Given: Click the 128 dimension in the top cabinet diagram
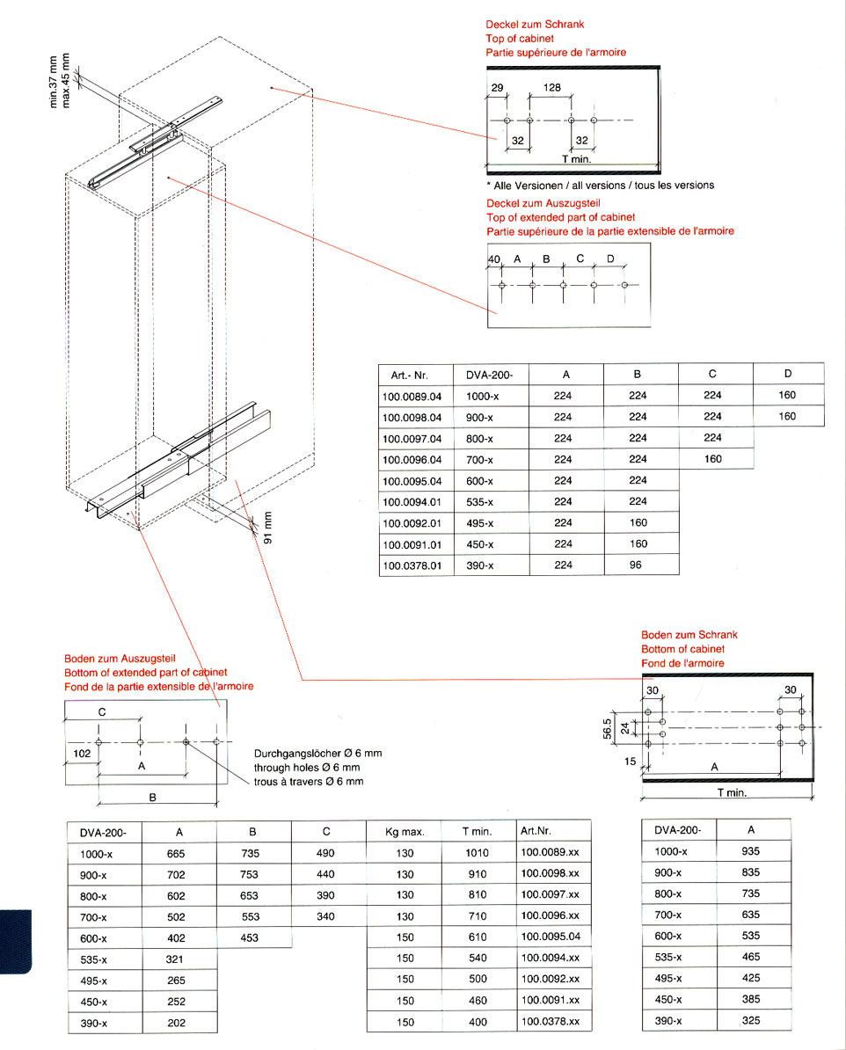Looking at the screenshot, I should [x=551, y=88].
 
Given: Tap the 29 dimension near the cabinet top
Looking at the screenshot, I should [x=497, y=88].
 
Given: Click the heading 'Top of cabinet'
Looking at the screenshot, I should [x=519, y=39].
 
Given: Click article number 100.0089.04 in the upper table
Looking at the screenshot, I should [x=412, y=396].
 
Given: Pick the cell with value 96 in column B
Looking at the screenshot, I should [x=637, y=565].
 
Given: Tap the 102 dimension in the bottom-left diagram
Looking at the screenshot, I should [x=80, y=754].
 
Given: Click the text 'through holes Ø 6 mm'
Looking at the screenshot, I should [x=306, y=768].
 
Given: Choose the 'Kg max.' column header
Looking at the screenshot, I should [x=405, y=831].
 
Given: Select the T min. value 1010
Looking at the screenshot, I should [x=477, y=853].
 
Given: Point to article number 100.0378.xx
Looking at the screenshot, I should [x=550, y=1022].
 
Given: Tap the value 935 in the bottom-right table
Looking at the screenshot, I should [x=750, y=851].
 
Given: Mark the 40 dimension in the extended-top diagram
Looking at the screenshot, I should [x=493, y=259].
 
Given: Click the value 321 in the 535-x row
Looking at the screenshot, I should [x=174, y=959].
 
